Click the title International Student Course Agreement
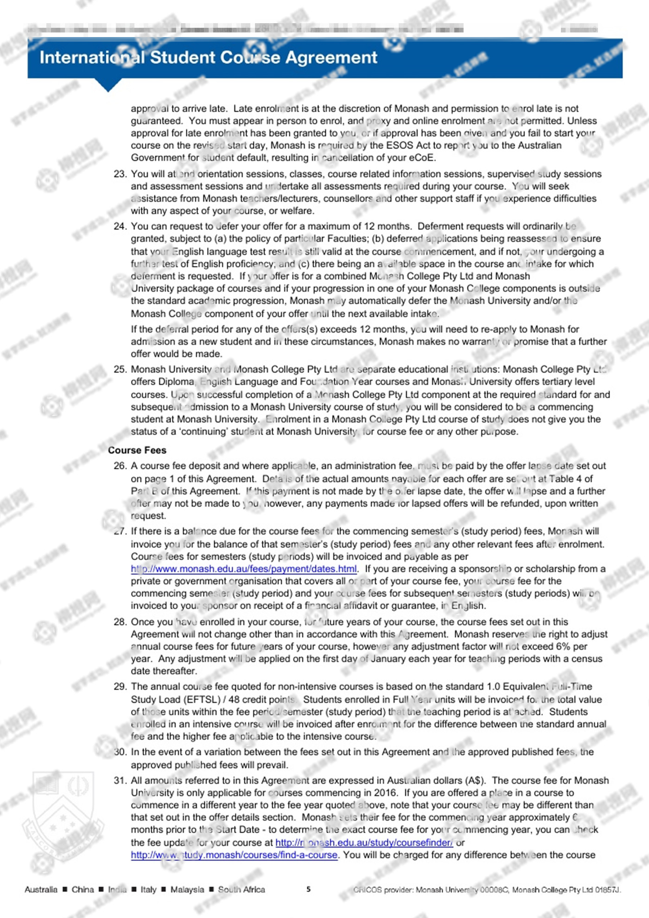[x=208, y=57]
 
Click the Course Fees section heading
[x=137, y=450]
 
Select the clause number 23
[x=120, y=174]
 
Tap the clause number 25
[x=120, y=370]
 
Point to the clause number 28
[x=120, y=622]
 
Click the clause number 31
[x=120, y=780]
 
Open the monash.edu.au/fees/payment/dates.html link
[x=243, y=569]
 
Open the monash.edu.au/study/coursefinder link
[x=364, y=842]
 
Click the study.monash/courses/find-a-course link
[x=234, y=855]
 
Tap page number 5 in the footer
[x=309, y=889]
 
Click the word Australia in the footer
[x=41, y=889]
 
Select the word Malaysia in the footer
[x=187, y=889]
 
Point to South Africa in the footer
[x=242, y=889]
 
